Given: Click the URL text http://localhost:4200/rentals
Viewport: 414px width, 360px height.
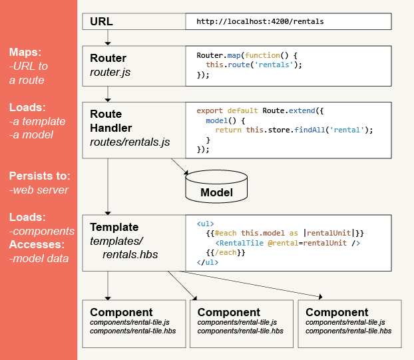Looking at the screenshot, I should (260, 21).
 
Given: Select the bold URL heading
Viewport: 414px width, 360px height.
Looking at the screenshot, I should (102, 21).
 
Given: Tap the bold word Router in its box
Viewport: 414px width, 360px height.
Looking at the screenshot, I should (108, 58).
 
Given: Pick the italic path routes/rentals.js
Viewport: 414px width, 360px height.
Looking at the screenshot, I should (130, 142).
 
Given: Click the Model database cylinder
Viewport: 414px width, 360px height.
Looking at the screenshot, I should (216, 188).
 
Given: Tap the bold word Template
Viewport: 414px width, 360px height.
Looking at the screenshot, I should (114, 227).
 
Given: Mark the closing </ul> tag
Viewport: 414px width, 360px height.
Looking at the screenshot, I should (208, 262).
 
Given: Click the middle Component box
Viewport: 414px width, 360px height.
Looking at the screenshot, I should (241, 323).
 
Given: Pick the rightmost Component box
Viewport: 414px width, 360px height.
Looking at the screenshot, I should (349, 323).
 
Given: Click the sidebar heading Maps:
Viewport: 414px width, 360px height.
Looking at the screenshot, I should (25, 52).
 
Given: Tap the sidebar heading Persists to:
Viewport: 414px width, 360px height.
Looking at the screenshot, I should (39, 176).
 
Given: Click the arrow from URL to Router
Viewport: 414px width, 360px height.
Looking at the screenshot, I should (108, 37).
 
